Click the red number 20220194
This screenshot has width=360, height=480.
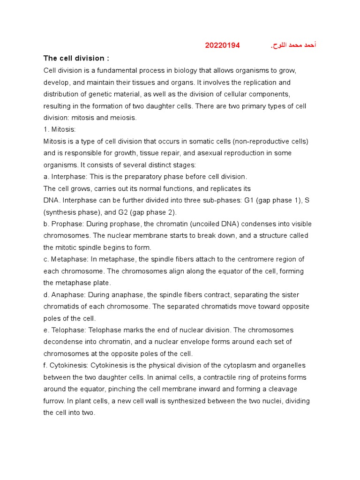[x=222, y=45]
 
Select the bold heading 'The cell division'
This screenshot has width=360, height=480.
[x=76, y=58]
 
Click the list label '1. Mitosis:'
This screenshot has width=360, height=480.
[x=60, y=129]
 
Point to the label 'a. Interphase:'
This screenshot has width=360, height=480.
[x=66, y=177]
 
